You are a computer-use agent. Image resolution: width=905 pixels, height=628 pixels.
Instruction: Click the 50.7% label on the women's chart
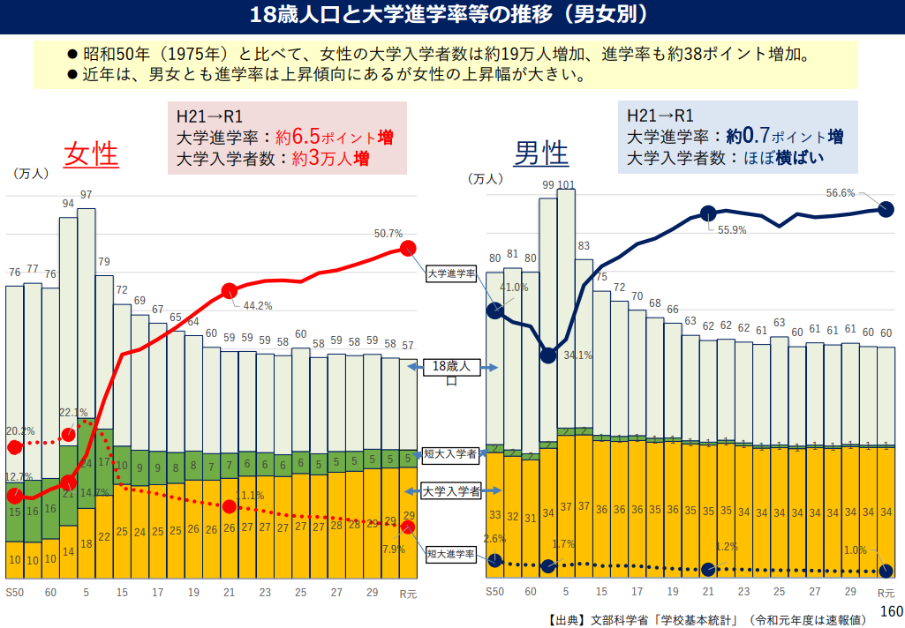click(x=388, y=234)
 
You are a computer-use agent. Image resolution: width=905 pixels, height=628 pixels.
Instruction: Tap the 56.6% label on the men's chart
click(x=841, y=193)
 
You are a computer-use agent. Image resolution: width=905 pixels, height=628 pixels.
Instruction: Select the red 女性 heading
click(x=90, y=154)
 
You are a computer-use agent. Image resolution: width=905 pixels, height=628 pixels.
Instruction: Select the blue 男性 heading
click(x=541, y=154)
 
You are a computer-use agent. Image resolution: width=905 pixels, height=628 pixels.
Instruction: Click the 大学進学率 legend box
click(x=450, y=274)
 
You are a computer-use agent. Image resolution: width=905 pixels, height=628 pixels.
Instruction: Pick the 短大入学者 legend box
click(x=450, y=454)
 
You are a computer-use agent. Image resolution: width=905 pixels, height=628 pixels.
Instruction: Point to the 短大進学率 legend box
click(x=450, y=555)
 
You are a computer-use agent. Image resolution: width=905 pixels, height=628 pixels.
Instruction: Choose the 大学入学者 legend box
click(x=450, y=491)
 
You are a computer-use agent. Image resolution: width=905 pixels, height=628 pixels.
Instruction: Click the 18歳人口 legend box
click(x=450, y=372)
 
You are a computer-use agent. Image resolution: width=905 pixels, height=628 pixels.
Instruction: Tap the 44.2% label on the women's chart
click(x=258, y=306)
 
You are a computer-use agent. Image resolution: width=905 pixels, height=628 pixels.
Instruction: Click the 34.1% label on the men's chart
click(x=577, y=355)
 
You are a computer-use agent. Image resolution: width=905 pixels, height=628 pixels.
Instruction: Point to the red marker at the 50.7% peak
click(x=408, y=248)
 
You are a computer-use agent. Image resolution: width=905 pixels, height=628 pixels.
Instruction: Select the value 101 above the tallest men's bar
click(x=567, y=185)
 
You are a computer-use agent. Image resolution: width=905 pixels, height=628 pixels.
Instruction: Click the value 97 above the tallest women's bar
click(x=87, y=195)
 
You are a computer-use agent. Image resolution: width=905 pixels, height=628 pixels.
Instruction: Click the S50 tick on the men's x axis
click(x=494, y=592)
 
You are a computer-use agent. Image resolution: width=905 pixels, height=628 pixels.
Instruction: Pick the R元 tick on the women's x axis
click(x=408, y=593)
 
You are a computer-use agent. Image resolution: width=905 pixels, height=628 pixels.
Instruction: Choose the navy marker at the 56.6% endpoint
click(x=886, y=209)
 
